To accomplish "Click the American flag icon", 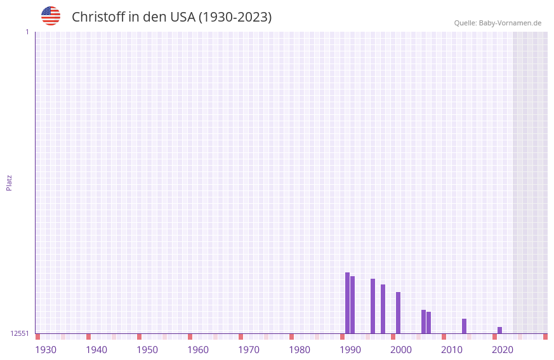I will pyautogui.click(x=51, y=16).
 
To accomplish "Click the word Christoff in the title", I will pyautogui.click(x=98, y=17).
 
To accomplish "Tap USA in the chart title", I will pyautogui.click(x=183, y=17).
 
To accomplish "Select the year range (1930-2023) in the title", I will pyautogui.click(x=235, y=17).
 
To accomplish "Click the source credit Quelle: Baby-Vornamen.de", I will pyautogui.click(x=498, y=23).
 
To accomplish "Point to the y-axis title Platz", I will pyautogui.click(x=9, y=182).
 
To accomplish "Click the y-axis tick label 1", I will pyautogui.click(x=27, y=32).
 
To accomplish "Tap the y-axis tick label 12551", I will pyautogui.click(x=20, y=333).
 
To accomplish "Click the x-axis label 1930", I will pyautogui.click(x=46, y=350).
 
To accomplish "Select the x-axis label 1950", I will pyautogui.click(x=147, y=350).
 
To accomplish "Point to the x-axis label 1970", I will pyautogui.click(x=249, y=350).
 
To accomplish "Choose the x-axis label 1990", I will pyautogui.click(x=350, y=350).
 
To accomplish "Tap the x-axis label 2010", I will pyautogui.click(x=452, y=350).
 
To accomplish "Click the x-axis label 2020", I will pyautogui.click(x=503, y=350).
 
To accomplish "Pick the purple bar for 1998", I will pyautogui.click(x=383, y=309).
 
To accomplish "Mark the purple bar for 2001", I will pyautogui.click(x=399, y=312).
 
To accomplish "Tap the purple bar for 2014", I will pyautogui.click(x=465, y=326).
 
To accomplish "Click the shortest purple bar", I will pyautogui.click(x=500, y=330).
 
